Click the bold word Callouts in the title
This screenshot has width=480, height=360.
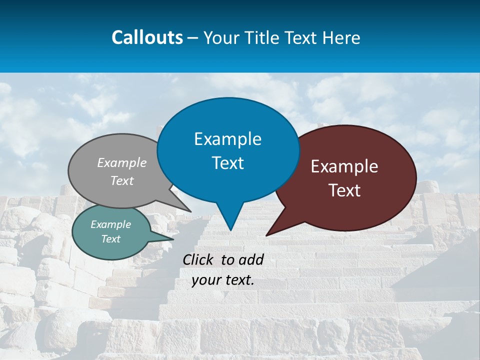tap(147, 37)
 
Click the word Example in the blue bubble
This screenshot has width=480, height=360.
tap(227, 139)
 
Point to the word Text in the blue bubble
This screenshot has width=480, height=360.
tap(227, 162)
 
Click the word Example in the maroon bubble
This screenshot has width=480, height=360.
tap(344, 166)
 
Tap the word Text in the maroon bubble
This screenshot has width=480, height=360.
tap(344, 190)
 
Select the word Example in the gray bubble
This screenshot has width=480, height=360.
tap(122, 162)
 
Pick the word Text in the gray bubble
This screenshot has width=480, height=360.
tap(122, 180)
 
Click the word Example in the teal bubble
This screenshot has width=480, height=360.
tap(110, 224)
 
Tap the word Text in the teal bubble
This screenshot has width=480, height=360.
tap(110, 239)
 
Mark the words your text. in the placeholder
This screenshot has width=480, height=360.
tap(223, 280)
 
